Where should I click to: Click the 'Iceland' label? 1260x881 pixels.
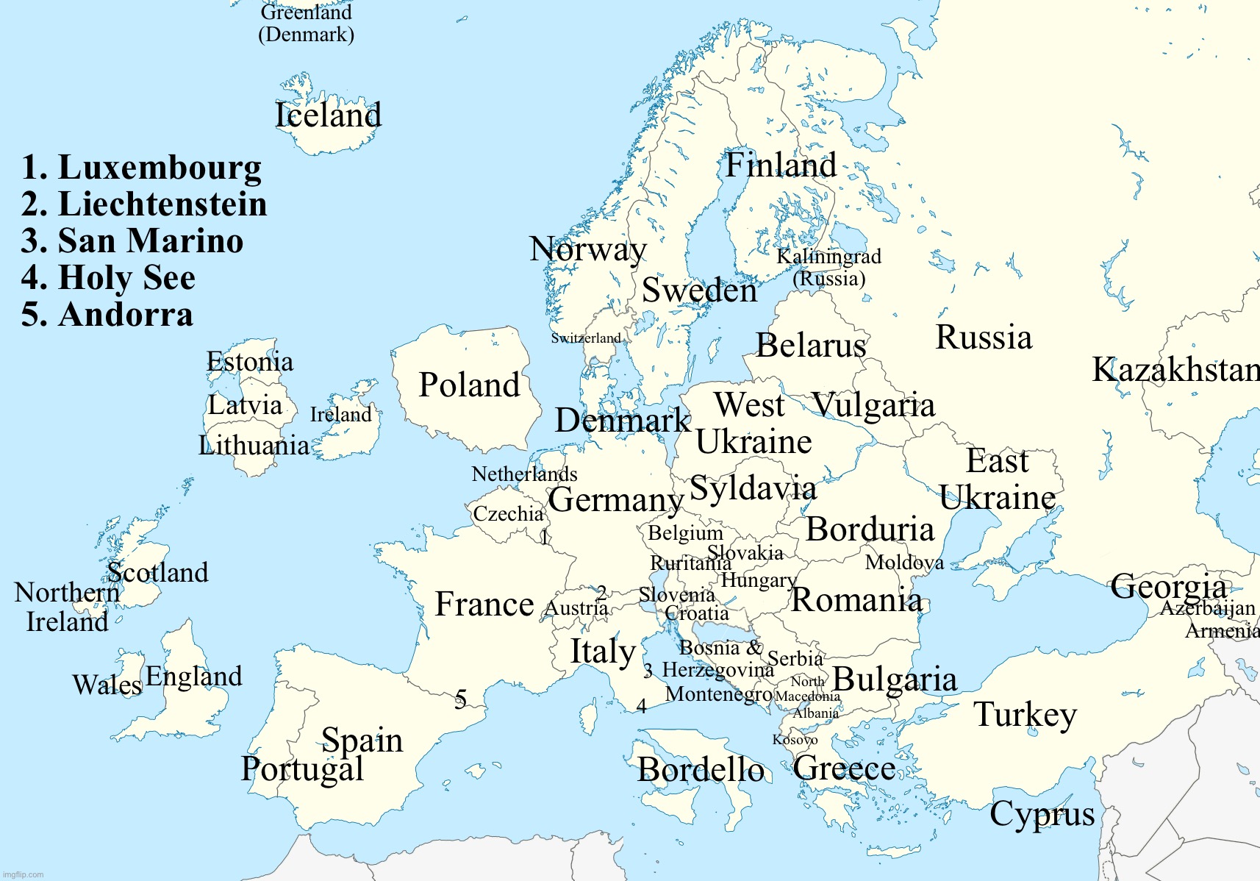pos(328,115)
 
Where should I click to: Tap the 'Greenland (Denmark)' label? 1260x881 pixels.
pos(306,24)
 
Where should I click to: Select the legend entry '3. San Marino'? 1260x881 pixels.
pos(132,241)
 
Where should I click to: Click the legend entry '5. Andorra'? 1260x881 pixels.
pos(107,315)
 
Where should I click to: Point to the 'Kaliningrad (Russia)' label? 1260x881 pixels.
pos(828,268)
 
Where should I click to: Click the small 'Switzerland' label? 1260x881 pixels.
pos(586,338)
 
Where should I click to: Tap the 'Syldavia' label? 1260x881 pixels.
pos(753,488)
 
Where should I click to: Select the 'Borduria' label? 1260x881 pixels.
pos(870,529)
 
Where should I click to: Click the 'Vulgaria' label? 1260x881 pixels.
pos(873,405)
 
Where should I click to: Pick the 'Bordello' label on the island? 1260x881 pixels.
pos(701,770)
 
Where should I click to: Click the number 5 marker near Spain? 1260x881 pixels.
pos(460,698)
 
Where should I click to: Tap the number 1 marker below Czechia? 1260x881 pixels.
pos(544,538)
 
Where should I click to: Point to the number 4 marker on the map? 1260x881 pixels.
pos(641,707)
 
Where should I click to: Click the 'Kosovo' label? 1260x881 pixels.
pos(795,740)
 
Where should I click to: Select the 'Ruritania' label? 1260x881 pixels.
pos(690,563)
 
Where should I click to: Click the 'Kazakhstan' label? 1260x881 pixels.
pos(1175,370)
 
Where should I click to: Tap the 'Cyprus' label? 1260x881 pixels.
pos(1042,815)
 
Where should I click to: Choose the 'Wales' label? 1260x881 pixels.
pos(107,685)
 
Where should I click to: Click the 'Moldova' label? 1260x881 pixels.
pos(904,563)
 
